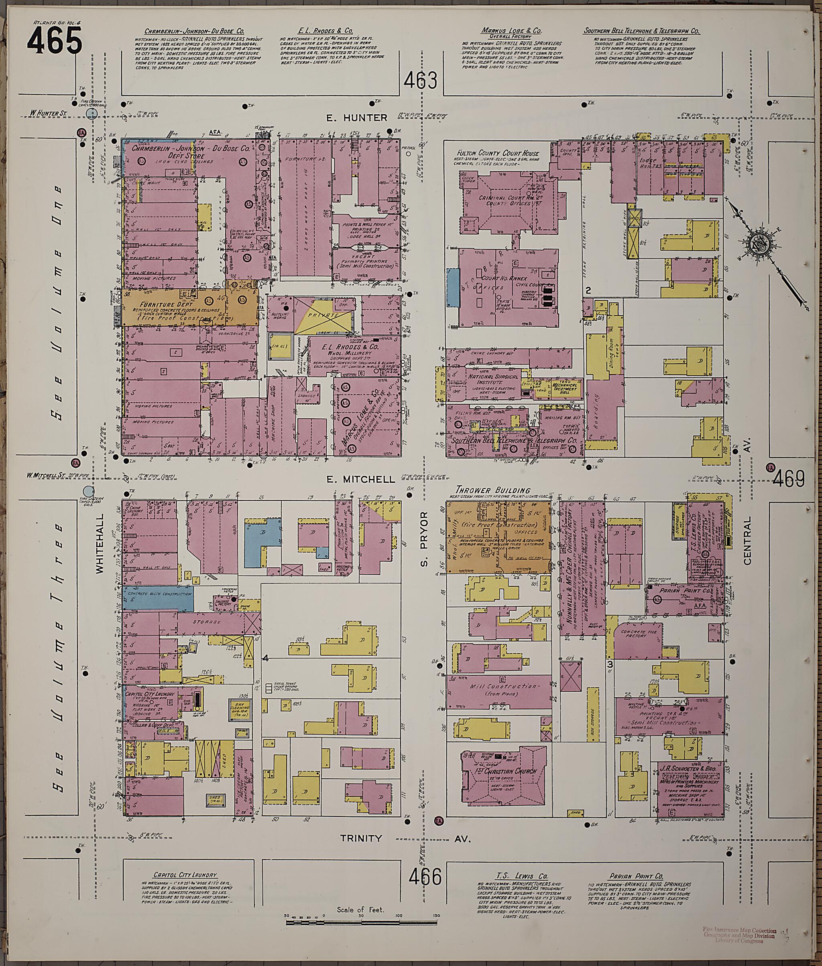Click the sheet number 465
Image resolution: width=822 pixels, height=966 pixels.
coord(54,41)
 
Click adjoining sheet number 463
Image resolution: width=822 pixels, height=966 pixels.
coord(421,81)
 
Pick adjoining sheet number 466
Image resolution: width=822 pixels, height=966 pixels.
coord(425,877)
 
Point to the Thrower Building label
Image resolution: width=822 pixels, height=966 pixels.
coord(492,490)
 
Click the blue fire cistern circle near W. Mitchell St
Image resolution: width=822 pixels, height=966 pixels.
coord(87,491)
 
